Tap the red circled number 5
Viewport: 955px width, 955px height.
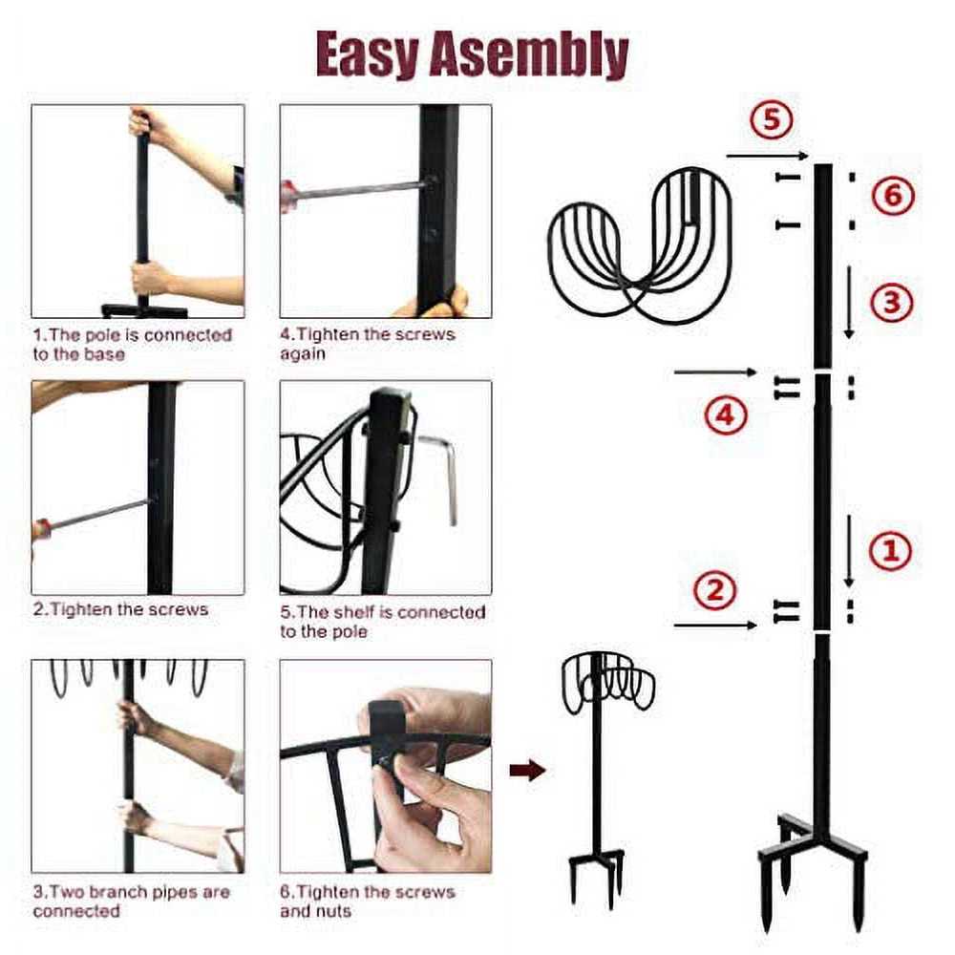[771, 118]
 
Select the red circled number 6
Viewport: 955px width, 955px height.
[892, 196]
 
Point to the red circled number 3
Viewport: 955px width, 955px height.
[892, 302]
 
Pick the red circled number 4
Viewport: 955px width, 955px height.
[726, 415]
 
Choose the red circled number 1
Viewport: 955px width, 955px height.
[890, 550]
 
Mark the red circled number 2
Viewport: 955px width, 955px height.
[715, 590]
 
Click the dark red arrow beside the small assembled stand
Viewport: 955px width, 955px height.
[527, 770]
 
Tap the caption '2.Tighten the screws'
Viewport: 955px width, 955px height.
[120, 609]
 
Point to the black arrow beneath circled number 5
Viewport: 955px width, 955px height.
[768, 157]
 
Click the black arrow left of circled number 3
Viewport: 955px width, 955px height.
[849, 302]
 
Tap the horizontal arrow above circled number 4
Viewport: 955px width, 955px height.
[715, 371]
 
